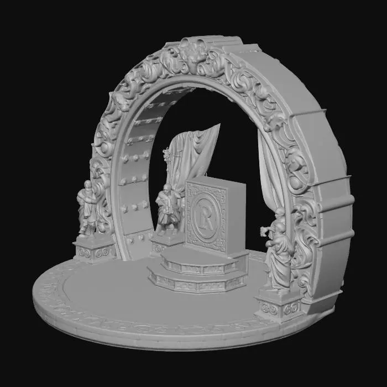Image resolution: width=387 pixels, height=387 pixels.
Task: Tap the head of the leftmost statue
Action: tap(87, 185)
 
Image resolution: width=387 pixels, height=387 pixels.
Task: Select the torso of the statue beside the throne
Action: tap(165, 208)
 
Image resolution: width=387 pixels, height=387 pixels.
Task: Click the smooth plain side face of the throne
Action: tap(237, 218)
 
